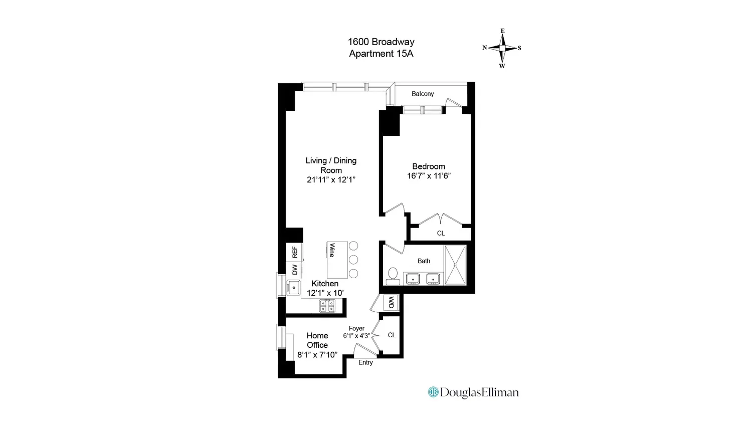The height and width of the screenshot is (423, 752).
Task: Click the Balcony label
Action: coord(423,94)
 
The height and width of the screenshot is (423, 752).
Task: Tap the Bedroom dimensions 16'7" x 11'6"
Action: coord(429,175)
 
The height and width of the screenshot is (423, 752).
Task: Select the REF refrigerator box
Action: coord(294,252)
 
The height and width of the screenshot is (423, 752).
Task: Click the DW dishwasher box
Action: coord(294,270)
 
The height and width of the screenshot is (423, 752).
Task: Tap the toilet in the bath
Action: coord(393,276)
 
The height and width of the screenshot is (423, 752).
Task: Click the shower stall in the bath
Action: coord(455,265)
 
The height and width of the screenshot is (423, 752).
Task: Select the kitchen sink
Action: coord(293,287)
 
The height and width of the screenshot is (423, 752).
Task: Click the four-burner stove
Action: coord(327,306)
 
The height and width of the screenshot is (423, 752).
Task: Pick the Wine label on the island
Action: coord(332,250)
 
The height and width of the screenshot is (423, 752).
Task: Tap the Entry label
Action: coord(365,362)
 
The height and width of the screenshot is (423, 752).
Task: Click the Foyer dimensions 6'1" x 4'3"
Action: coord(356,336)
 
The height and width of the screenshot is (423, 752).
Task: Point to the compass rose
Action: coord(502,48)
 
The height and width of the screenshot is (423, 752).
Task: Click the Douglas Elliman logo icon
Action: coord(433,392)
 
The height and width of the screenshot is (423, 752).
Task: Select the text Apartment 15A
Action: coord(381,54)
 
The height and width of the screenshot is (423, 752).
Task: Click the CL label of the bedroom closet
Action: coord(441,233)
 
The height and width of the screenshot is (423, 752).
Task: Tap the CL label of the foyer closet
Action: coord(392,335)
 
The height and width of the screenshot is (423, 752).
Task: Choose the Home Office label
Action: coord(317,340)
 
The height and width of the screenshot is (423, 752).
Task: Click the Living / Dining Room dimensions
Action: coord(331,180)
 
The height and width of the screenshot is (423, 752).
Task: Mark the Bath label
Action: coord(424,261)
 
